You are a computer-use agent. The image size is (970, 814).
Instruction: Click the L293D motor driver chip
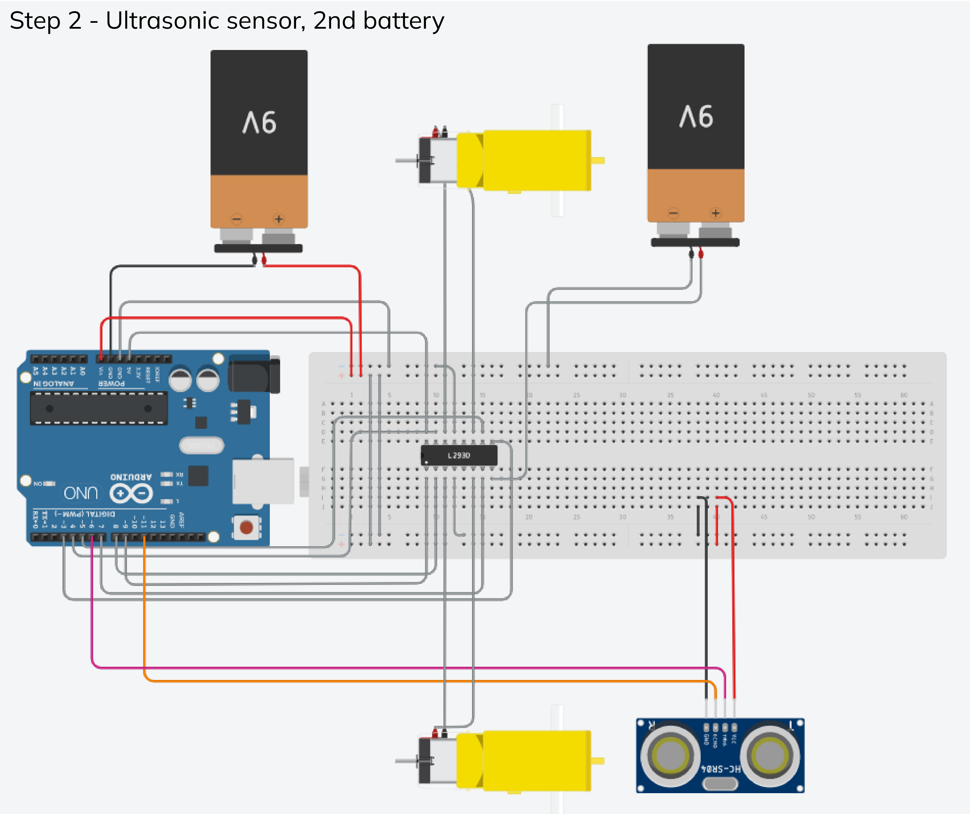(x=459, y=455)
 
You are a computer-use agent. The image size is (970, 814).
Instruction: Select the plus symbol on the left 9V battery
(x=279, y=219)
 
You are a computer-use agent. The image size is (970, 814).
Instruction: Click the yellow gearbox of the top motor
(x=536, y=160)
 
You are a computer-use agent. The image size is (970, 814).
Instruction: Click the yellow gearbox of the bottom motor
(x=536, y=760)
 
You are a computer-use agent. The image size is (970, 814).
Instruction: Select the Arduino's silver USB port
(x=263, y=481)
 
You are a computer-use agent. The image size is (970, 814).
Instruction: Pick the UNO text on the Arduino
(x=81, y=493)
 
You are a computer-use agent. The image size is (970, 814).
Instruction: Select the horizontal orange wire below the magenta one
(x=416, y=681)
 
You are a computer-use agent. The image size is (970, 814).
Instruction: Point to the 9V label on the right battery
(x=696, y=116)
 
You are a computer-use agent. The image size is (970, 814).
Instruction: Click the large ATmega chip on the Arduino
(x=98, y=408)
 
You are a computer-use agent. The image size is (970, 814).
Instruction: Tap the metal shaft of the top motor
(x=407, y=160)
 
